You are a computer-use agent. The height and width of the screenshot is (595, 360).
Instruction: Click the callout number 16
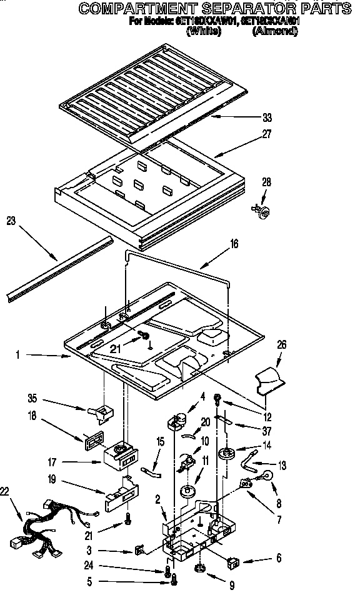tap(234, 246)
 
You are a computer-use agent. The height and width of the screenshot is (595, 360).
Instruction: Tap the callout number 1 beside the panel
tap(19, 355)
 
